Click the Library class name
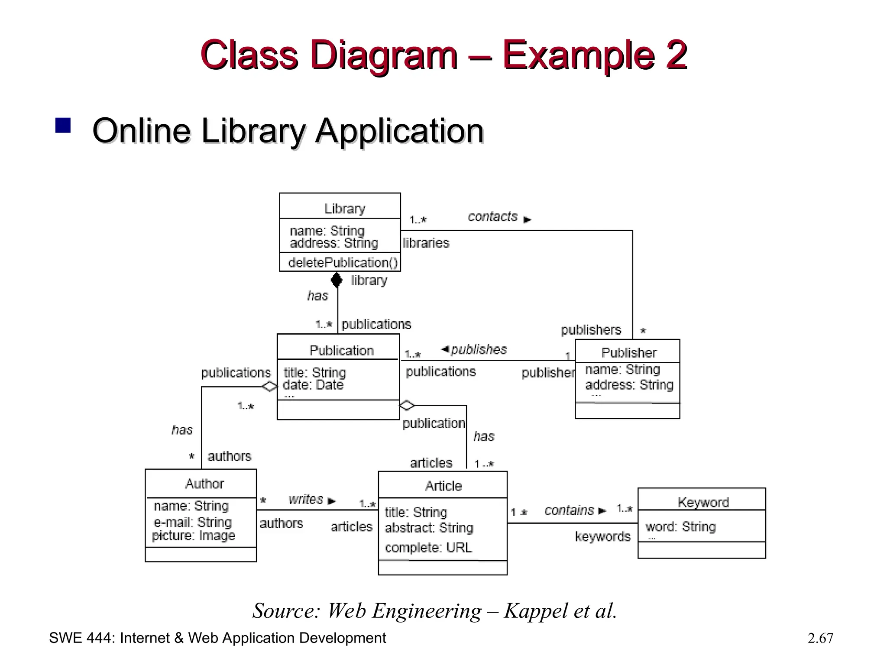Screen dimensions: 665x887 (x=345, y=209)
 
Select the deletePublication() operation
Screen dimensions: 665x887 (x=342, y=262)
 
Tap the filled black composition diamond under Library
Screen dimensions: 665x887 (x=337, y=280)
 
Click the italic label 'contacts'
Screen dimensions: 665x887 (x=492, y=217)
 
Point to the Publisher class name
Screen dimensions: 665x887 (x=629, y=353)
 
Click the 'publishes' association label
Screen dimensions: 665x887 (x=479, y=349)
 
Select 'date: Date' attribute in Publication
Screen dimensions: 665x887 (x=313, y=385)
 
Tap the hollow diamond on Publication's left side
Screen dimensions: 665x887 (x=269, y=386)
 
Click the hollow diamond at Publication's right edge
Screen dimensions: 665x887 (x=407, y=405)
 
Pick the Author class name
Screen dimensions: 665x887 (x=204, y=484)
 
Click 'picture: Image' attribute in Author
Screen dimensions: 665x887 (x=194, y=536)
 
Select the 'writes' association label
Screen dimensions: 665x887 (x=306, y=499)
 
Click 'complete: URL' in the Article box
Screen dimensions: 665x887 (x=428, y=548)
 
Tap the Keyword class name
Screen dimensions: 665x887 (x=703, y=502)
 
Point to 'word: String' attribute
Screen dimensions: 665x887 (x=680, y=527)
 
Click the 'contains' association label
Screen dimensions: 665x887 (x=569, y=510)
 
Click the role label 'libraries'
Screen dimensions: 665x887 (x=426, y=243)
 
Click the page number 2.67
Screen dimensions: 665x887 (x=820, y=638)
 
